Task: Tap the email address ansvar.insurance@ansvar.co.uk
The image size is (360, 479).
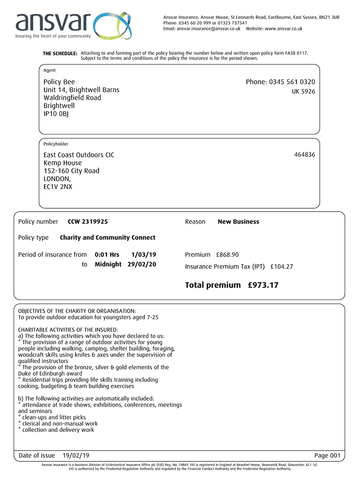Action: (209, 29)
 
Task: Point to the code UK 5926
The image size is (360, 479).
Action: (303, 92)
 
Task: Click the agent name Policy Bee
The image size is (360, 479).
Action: (59, 82)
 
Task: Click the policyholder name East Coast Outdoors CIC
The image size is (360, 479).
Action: (79, 155)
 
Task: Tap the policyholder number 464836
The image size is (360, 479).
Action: (304, 154)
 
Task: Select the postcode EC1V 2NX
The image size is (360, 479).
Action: (58, 187)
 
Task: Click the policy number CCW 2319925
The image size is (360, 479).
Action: (91, 222)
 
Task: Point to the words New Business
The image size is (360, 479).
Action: (238, 222)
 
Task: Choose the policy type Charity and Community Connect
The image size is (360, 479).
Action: (108, 238)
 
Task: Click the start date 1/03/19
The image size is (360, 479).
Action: (144, 254)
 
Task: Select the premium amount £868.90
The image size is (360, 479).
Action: (227, 254)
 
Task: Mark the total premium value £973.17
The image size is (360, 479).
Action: (263, 285)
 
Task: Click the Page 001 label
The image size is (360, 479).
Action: (328, 456)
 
